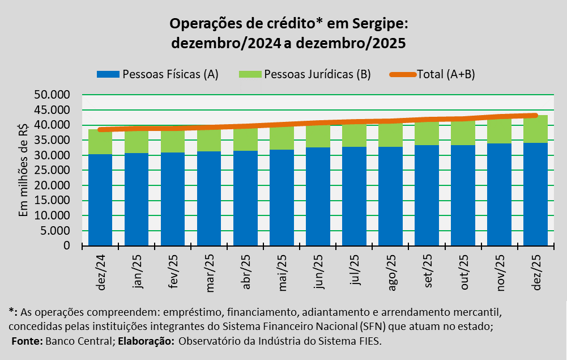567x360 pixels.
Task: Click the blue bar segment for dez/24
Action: tap(100, 200)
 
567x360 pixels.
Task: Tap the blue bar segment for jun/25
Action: tap(318, 196)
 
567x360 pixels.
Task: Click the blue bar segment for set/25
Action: tap(427, 195)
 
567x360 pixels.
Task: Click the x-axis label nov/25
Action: tap(500, 273)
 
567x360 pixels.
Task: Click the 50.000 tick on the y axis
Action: tap(52, 95)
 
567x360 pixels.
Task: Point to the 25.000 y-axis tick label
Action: tap(52, 170)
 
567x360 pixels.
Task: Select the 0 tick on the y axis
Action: tap(66, 246)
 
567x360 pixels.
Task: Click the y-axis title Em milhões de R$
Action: tap(24, 170)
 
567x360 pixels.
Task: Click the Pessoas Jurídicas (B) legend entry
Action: tap(305, 74)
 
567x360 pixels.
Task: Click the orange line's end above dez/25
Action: tap(535, 116)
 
